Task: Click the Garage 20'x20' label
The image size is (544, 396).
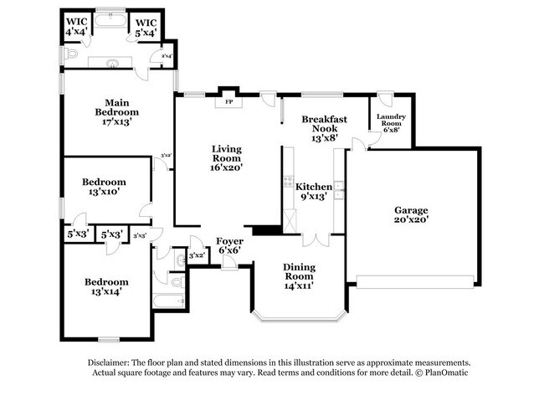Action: point(411,214)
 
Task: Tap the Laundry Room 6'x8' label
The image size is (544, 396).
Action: point(391,123)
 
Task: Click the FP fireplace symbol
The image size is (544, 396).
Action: point(228,102)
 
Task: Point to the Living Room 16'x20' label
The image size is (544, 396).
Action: point(226,157)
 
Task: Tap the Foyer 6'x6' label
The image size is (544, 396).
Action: point(229,246)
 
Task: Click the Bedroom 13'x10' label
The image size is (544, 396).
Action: point(104,187)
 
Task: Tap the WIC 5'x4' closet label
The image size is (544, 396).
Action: point(146,27)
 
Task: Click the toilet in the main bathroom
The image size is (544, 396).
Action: point(71,54)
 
